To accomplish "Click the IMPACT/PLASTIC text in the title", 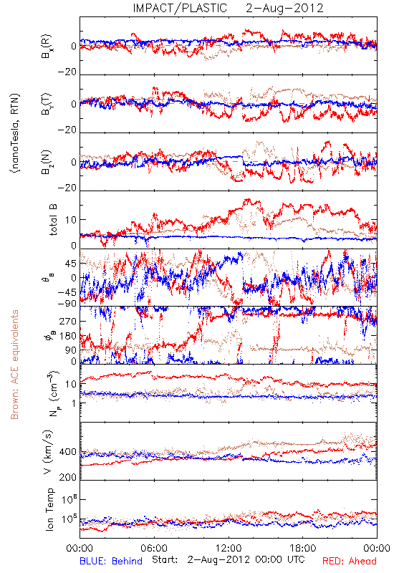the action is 180,8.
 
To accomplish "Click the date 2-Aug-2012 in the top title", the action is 284,8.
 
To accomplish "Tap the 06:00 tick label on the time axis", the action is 154,548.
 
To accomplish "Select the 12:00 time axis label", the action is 229,548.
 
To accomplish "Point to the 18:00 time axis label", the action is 303,548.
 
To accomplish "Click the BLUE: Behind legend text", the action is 111,561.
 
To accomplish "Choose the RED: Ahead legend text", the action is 350,561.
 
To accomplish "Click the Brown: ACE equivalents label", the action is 14,365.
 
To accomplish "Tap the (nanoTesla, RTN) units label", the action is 15,133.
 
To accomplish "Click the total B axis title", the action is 53,220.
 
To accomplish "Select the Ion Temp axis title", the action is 49,509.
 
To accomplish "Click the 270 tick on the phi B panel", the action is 69,321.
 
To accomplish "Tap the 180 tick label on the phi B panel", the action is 69,336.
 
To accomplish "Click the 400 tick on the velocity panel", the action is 68,452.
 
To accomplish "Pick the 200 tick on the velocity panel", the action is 68,477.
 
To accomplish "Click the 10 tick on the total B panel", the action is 71,220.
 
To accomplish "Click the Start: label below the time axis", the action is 165,559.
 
